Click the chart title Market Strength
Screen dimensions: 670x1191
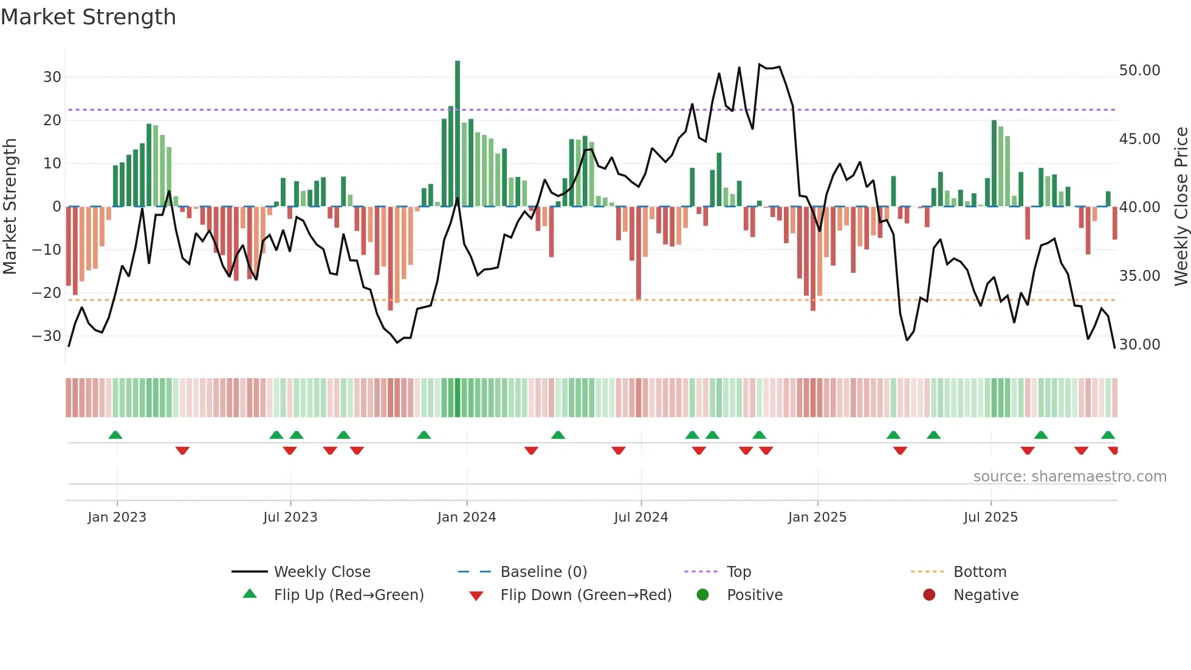88,17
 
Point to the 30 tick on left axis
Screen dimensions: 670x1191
52,77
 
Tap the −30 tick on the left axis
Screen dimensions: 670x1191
47,336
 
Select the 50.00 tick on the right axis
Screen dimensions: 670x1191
1139,71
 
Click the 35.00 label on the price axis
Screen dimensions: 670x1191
1139,276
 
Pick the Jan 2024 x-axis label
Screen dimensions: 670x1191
466,517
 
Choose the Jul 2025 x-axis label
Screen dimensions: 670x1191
990,517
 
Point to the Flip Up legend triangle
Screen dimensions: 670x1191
250,594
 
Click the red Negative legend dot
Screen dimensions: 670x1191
928,595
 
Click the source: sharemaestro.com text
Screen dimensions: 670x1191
1069,477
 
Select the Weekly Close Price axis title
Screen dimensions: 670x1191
1181,207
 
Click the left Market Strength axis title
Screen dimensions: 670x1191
10,207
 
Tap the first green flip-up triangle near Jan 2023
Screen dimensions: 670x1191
115,435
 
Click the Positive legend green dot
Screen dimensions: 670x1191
702,595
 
